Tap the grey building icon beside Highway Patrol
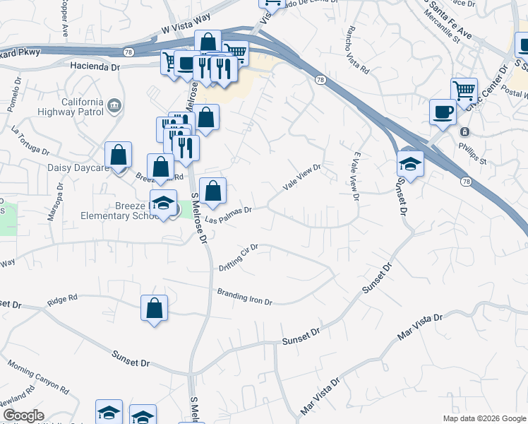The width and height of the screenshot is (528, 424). (x=113, y=106)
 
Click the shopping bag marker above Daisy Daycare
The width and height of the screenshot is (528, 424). (x=119, y=155)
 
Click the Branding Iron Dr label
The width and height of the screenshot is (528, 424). (x=244, y=297)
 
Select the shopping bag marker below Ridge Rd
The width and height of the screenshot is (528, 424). (x=154, y=308)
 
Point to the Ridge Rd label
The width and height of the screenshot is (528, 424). (x=62, y=300)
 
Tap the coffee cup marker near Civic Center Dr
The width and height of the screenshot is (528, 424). (x=443, y=112)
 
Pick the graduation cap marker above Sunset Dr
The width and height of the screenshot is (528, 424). (x=409, y=164)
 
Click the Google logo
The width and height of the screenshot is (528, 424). (x=23, y=416)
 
